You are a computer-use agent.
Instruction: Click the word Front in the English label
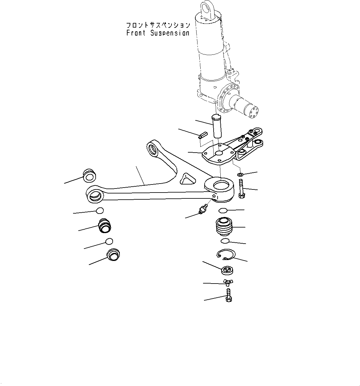(136, 33)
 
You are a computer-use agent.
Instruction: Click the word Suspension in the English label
(170, 33)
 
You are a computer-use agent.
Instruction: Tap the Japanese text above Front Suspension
(158, 25)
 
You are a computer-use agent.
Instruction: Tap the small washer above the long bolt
(241, 175)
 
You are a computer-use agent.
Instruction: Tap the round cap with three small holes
(227, 270)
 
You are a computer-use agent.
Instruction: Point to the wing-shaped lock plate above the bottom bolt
(228, 281)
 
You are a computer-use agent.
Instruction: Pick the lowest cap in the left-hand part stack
(113, 255)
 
